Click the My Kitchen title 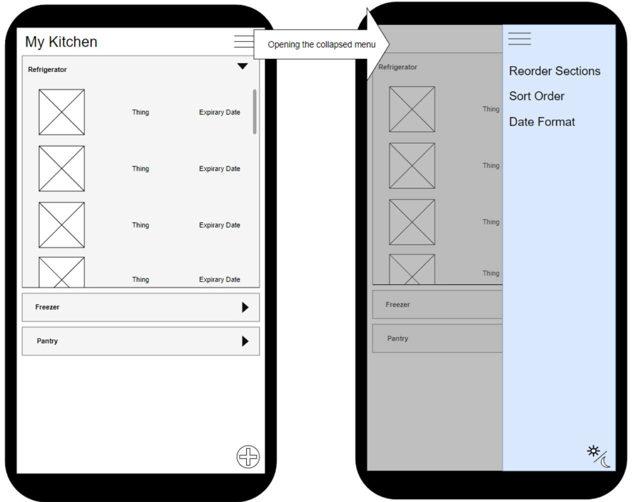coord(61,42)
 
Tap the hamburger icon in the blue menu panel coord(519,38)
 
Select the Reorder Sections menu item coord(554,71)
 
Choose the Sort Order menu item coord(536,96)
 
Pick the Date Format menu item coord(542,122)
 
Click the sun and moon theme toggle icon coord(599,456)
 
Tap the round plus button coord(248,456)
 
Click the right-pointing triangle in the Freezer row coord(245,307)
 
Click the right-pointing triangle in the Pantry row coord(245,341)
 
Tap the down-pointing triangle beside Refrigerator coord(242,66)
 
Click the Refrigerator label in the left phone coord(47,69)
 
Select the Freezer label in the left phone coord(47,307)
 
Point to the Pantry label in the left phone coord(47,341)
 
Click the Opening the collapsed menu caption coord(321,44)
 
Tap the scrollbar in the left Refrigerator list coord(254,111)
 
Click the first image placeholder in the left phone coord(61,112)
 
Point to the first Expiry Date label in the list coord(219,112)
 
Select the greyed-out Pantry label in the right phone coord(397,338)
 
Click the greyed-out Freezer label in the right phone coord(397,304)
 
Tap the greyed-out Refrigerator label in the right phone coord(398,67)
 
